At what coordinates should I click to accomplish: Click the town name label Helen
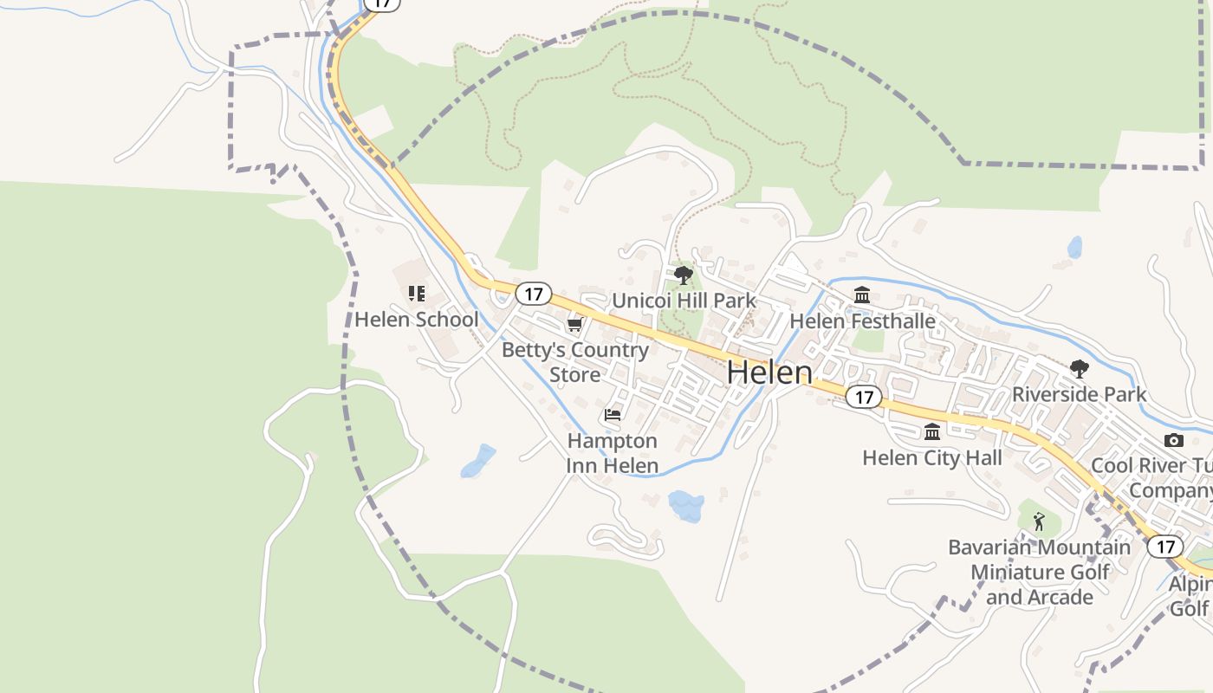769,372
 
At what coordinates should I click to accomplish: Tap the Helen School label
416,320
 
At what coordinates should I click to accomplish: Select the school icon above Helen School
417,294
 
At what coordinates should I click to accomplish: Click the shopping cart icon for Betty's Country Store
574,325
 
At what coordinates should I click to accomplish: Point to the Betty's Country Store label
574,362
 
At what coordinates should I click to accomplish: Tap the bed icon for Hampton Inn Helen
613,415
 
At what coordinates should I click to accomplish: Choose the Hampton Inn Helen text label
612,453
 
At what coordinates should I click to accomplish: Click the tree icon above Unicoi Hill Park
684,275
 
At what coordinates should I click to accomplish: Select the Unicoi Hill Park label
684,301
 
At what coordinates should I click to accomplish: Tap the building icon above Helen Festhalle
862,295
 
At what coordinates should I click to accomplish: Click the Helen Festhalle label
862,321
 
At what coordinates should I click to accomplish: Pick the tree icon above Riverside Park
1079,369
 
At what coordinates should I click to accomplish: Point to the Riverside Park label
1079,394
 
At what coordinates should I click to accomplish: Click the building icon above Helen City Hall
932,431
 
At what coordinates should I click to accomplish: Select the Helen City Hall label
932,458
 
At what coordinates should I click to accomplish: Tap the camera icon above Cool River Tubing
1174,440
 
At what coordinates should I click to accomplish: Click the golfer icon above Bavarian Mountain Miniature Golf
1039,521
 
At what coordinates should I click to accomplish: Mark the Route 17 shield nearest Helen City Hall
863,397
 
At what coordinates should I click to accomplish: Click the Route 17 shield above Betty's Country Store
533,294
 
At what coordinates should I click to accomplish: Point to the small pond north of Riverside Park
1074,248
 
